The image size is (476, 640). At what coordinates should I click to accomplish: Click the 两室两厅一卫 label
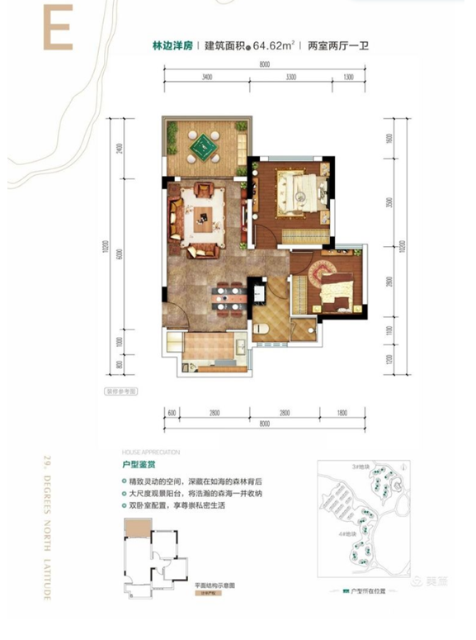pos(337,48)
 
